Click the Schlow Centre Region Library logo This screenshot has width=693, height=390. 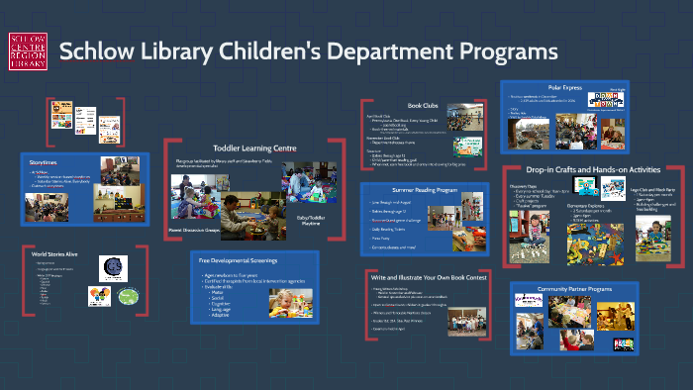[x=27, y=51]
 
